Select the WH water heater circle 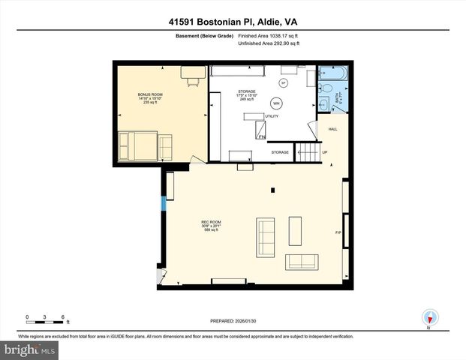pyautogui.click(x=277, y=103)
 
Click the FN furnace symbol pyautogui.click(x=261, y=136)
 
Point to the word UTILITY pyautogui.click(x=271, y=116)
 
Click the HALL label pyautogui.click(x=333, y=129)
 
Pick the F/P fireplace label pyautogui.click(x=338, y=232)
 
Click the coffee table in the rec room pyautogui.click(x=295, y=231)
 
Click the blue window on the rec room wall pyautogui.click(x=163, y=202)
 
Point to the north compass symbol pyautogui.click(x=430, y=318)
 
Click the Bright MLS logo pyautogui.click(x=30, y=350)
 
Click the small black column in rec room pyautogui.click(x=272, y=189)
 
